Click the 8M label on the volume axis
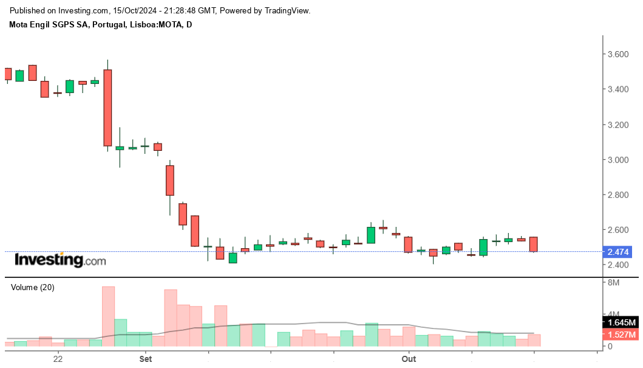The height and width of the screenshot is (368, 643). tap(613, 283)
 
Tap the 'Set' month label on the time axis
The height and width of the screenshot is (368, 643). tap(145, 359)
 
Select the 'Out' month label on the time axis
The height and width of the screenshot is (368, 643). tap(409, 359)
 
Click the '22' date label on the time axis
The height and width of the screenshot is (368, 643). tap(58, 359)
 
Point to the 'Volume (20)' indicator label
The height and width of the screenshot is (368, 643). tap(33, 288)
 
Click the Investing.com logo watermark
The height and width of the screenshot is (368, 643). tap(60, 260)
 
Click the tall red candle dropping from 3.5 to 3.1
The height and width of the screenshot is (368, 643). tap(107, 108)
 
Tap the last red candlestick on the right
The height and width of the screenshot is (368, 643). tap(534, 244)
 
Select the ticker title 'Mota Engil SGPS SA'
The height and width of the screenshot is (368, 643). tap(49, 24)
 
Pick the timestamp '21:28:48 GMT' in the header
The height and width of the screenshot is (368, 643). tap(191, 11)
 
